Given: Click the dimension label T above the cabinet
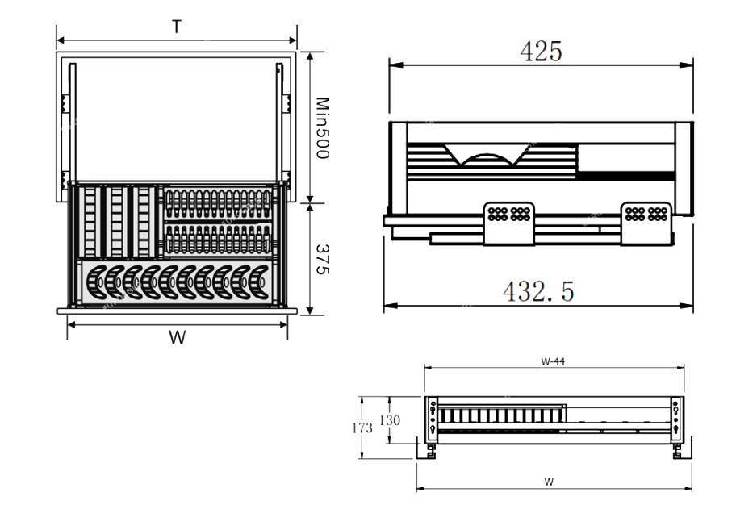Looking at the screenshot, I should (x=176, y=27).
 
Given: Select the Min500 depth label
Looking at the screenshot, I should (x=320, y=127).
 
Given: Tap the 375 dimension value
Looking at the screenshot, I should (x=320, y=259).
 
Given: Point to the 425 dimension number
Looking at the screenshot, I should (x=541, y=52).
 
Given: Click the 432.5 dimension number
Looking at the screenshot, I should (x=538, y=291).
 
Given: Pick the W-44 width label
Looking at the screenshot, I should (x=553, y=362).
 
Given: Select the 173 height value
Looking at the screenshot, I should (x=363, y=428).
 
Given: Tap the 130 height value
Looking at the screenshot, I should (x=390, y=420).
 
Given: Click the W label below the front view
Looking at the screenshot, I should (x=549, y=482).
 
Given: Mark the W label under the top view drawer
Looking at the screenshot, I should (x=177, y=337).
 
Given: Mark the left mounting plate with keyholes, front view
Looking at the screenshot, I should (x=433, y=418).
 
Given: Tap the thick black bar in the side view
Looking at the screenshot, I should (x=627, y=175).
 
